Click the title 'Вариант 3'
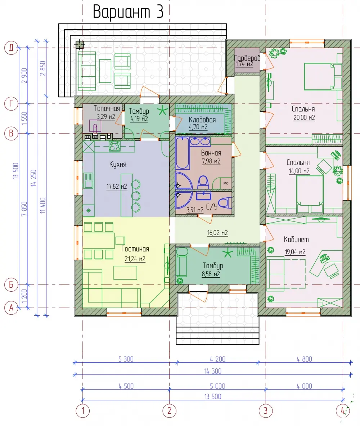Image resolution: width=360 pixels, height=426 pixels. [x=128, y=12]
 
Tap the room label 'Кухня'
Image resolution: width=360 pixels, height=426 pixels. [x=118, y=164]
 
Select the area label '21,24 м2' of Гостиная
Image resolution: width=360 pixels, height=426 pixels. [x=135, y=259]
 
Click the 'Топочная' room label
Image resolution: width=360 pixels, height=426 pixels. [x=107, y=108]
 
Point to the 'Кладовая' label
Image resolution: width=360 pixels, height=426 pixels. [x=202, y=120]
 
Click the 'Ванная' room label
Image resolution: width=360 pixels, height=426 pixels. [x=211, y=153]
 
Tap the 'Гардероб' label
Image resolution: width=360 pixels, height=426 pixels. [x=247, y=58]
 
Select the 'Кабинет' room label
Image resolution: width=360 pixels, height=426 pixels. [x=296, y=239]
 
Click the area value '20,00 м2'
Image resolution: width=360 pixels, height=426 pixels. [x=304, y=118]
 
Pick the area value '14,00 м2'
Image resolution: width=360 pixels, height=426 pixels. [x=299, y=171]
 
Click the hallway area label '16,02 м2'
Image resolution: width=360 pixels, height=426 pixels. [x=217, y=233]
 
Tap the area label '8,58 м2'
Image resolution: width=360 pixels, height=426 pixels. [x=211, y=274]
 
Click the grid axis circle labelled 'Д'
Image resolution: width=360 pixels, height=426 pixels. [x=11, y=48]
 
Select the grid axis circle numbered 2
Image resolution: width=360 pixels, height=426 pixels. [x=169, y=411]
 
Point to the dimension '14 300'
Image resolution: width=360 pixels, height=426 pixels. [x=213, y=371]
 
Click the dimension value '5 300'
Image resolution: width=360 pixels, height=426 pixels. [x=126, y=359]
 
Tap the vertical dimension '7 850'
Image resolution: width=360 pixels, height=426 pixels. [x=24, y=209]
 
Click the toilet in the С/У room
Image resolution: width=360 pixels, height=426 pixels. [x=225, y=203]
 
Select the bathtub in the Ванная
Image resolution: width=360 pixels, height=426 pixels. [x=182, y=153]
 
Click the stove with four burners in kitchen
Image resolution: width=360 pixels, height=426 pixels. [x=114, y=146]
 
